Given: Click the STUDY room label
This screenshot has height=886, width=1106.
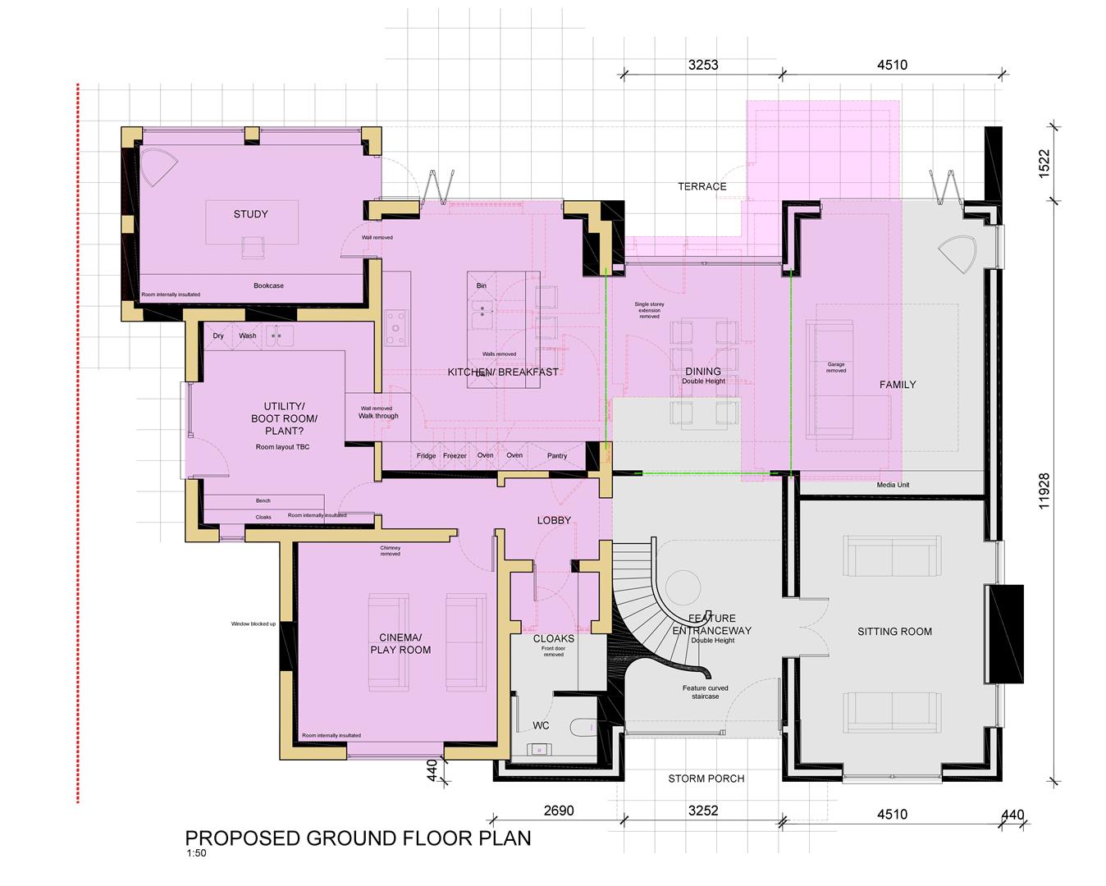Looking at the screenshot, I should [250, 214].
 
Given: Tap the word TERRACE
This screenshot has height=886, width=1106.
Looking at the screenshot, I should [702, 186].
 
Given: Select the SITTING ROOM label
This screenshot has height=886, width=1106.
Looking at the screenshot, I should [894, 632].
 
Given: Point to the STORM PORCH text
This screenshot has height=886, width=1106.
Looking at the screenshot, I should [706, 778].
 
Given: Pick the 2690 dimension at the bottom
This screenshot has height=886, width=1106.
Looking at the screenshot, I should [559, 811].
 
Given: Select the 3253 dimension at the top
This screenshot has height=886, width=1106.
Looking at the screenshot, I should [703, 65].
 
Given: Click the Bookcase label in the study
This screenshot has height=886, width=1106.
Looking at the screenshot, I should [268, 285].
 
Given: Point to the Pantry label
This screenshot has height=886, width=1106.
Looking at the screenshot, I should [557, 456].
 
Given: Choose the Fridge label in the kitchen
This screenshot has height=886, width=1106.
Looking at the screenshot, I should [426, 456].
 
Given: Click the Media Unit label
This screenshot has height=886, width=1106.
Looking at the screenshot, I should [893, 485].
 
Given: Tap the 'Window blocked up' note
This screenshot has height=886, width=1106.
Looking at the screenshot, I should [254, 624].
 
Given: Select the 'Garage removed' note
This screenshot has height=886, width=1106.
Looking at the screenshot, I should [835, 368].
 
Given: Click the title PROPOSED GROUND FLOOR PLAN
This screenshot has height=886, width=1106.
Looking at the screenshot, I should [358, 838].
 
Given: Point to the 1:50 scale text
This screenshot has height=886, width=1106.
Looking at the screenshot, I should [196, 854].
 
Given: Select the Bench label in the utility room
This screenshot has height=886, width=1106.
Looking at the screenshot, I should [263, 500].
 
